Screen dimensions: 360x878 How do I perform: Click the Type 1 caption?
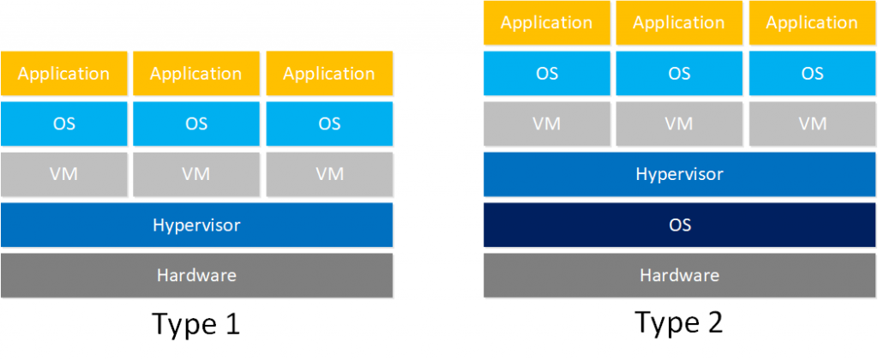(195, 325)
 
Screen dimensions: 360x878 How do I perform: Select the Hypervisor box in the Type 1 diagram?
(196, 225)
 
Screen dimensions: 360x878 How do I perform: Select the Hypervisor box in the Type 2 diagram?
(679, 174)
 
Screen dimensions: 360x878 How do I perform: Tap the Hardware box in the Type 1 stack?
(196, 275)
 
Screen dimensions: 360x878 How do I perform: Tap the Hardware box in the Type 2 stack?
(679, 275)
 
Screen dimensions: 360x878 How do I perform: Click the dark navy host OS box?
(679, 225)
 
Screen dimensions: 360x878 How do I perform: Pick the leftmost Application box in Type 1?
(63, 74)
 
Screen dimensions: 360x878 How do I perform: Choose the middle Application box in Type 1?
(196, 74)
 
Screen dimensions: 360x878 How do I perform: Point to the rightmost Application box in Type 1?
(329, 74)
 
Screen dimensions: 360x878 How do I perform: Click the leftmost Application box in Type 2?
(547, 23)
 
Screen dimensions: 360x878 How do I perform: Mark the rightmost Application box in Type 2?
(812, 23)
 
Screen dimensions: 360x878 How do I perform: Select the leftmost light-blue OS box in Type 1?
(63, 123)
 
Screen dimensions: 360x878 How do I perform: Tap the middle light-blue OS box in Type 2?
(679, 73)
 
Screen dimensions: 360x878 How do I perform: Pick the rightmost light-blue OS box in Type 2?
(812, 73)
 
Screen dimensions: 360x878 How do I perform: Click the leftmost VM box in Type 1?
(63, 174)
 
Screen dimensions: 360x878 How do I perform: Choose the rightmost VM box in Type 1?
(329, 174)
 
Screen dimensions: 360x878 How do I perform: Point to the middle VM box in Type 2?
(679, 123)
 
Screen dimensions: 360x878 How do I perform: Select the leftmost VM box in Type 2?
(547, 123)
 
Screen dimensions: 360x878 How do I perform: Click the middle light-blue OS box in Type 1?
(196, 123)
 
